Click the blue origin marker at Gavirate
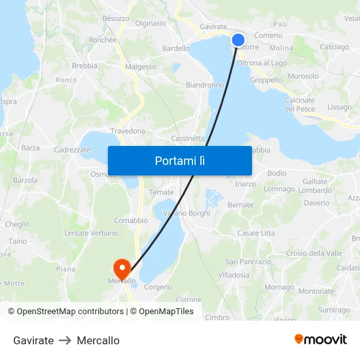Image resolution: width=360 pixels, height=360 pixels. (x=238, y=40)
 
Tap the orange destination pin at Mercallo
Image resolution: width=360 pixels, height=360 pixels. (x=122, y=268)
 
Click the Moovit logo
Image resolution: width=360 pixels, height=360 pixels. (x=321, y=339)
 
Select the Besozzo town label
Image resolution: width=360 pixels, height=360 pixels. (x=116, y=18)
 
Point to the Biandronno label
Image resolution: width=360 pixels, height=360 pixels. (x=205, y=85)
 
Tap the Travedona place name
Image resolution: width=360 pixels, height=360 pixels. (x=128, y=132)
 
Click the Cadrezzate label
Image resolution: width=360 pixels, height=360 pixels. (x=72, y=150)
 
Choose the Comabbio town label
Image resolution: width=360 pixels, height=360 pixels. (x=131, y=221)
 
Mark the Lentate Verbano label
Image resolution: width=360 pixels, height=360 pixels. (x=91, y=233)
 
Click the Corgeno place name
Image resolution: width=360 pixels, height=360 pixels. (x=158, y=287)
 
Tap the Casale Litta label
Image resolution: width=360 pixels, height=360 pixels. (x=256, y=233)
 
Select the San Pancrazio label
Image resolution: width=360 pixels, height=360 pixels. (x=248, y=262)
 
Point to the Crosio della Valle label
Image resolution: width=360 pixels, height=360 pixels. (x=314, y=253)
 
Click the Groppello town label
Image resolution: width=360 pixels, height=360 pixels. (x=266, y=80)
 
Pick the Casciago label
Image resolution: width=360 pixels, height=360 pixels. (x=334, y=47)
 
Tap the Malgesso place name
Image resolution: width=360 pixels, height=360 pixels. (x=141, y=67)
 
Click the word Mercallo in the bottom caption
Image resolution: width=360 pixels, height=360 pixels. (x=98, y=340)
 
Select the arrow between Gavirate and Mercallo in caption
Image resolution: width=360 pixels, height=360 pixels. (x=65, y=340)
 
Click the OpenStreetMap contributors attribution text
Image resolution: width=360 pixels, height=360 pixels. (x=70, y=312)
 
